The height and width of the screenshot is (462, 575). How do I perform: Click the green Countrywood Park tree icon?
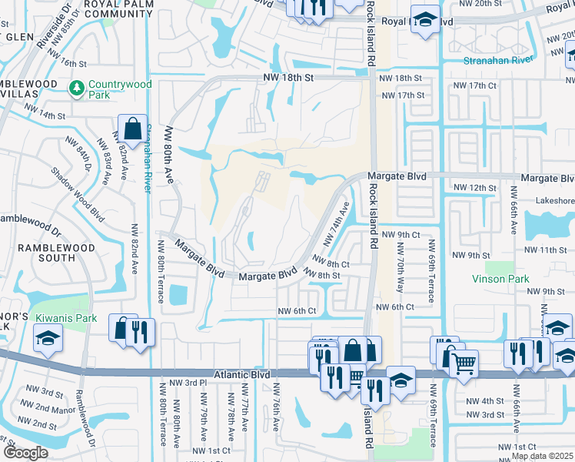(77, 89)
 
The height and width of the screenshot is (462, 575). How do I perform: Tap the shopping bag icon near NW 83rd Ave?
(132, 129)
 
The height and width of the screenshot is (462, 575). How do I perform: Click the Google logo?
(25, 453)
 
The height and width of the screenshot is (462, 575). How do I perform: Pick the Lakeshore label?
(550, 199)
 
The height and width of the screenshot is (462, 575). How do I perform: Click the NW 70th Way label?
(400, 267)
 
